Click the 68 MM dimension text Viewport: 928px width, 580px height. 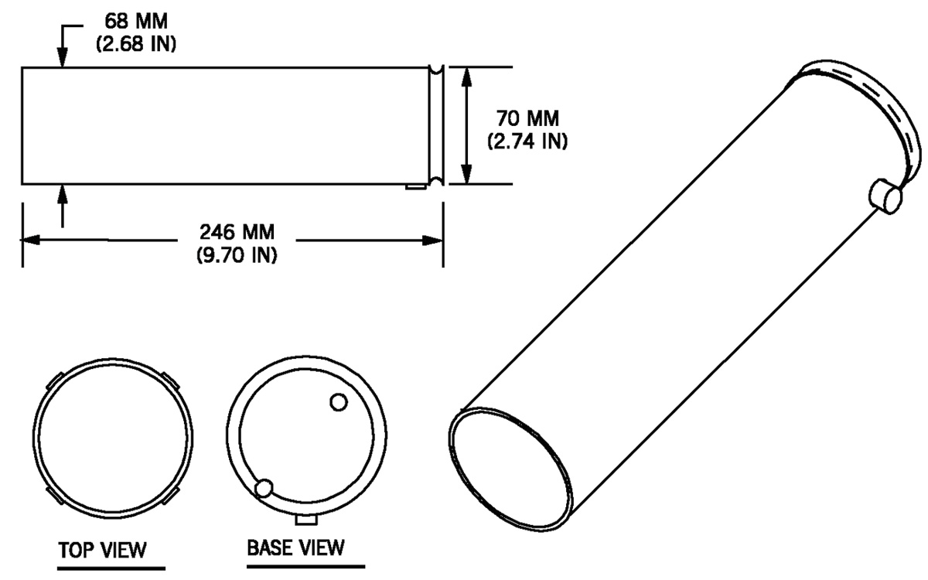pyautogui.click(x=136, y=21)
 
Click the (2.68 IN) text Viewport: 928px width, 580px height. pyautogui.click(x=136, y=43)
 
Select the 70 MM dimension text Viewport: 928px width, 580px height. pyautogui.click(x=527, y=118)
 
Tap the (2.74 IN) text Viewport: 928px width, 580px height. pyautogui.click(x=527, y=142)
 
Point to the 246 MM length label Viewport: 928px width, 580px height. pyautogui.click(x=237, y=232)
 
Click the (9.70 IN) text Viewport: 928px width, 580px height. pyautogui.click(x=237, y=254)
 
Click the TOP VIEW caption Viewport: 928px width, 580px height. pyautogui.click(x=102, y=550)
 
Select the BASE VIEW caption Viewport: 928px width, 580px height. pyautogui.click(x=295, y=548)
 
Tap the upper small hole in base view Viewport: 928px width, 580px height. pyautogui.click(x=339, y=402)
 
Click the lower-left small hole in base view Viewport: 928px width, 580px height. pyautogui.click(x=264, y=489)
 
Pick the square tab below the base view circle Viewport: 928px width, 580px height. pyautogui.click(x=306, y=520)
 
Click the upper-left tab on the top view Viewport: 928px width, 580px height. pyautogui.click(x=54, y=380)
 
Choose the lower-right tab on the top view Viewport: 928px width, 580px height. pyautogui.click(x=170, y=495)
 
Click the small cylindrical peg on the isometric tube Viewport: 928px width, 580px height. pyautogui.click(x=885, y=196)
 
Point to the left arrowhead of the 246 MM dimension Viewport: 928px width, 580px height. pyautogui.click(x=30, y=240)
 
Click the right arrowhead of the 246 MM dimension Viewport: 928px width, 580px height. pyautogui.click(x=433, y=241)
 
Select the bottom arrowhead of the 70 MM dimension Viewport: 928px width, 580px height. pyautogui.click(x=466, y=174)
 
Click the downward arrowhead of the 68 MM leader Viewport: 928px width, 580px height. pyautogui.click(x=62, y=57)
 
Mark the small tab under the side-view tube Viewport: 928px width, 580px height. pyautogui.click(x=416, y=187)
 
